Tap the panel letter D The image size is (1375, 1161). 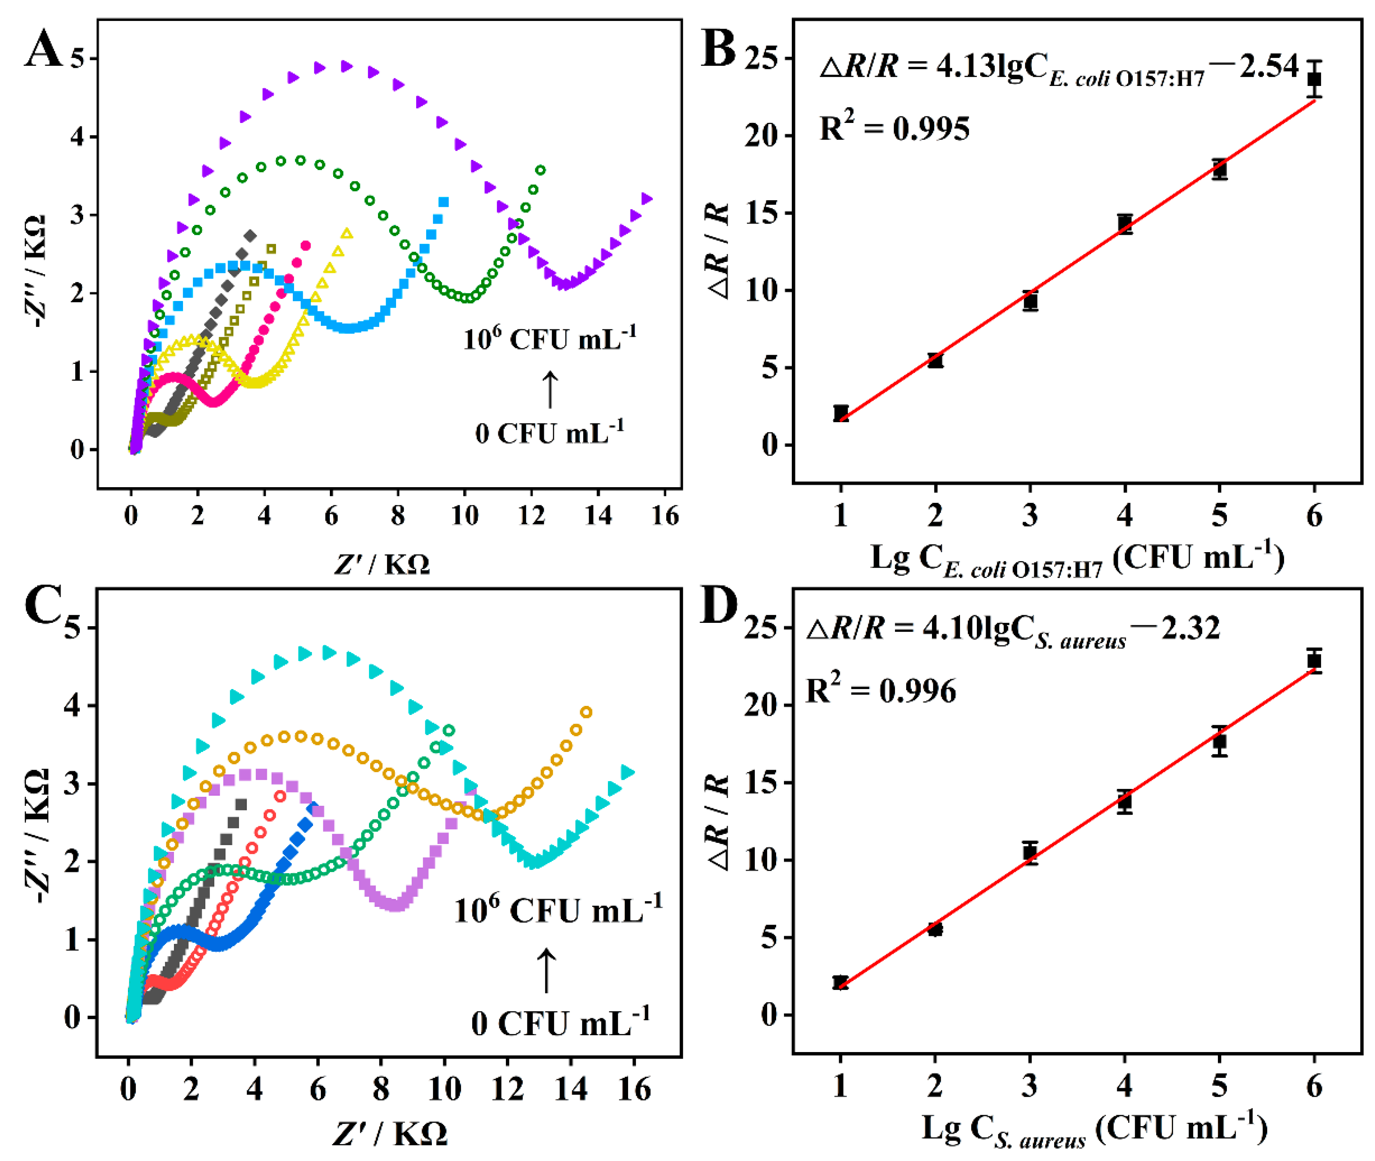[x=718, y=606]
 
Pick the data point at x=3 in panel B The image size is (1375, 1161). [x=1030, y=301]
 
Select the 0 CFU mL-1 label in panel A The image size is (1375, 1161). [x=549, y=433]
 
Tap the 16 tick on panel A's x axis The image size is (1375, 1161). [x=665, y=516]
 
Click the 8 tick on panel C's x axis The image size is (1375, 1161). [x=380, y=1089]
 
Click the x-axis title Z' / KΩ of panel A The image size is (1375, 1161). [x=382, y=564]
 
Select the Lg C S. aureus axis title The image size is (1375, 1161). [x=1093, y=1131]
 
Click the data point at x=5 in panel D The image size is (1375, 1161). [x=1219, y=742]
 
